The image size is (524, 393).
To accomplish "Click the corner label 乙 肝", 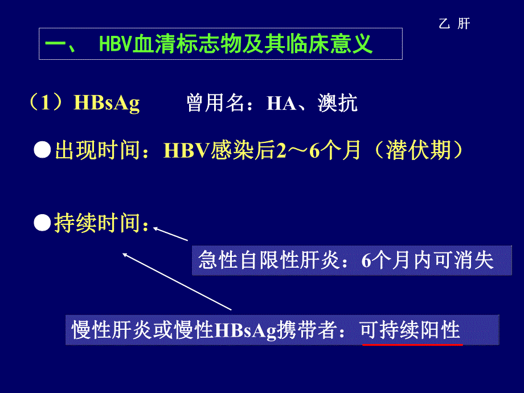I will pyautogui.click(x=455, y=24).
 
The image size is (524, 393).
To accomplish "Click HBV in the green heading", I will pyautogui.click(x=115, y=44).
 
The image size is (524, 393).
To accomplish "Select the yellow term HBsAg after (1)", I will pyautogui.click(x=107, y=104).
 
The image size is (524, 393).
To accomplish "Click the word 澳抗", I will pyautogui.click(x=338, y=104).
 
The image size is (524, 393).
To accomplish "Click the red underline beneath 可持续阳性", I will pyautogui.click(x=412, y=344).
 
